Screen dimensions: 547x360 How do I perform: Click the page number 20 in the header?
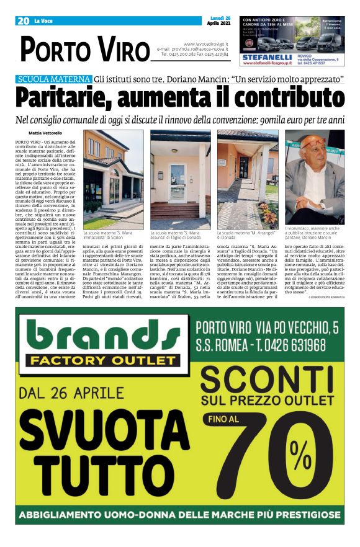[x=24, y=21]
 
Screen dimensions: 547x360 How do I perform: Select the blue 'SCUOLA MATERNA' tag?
[x=53, y=80]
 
